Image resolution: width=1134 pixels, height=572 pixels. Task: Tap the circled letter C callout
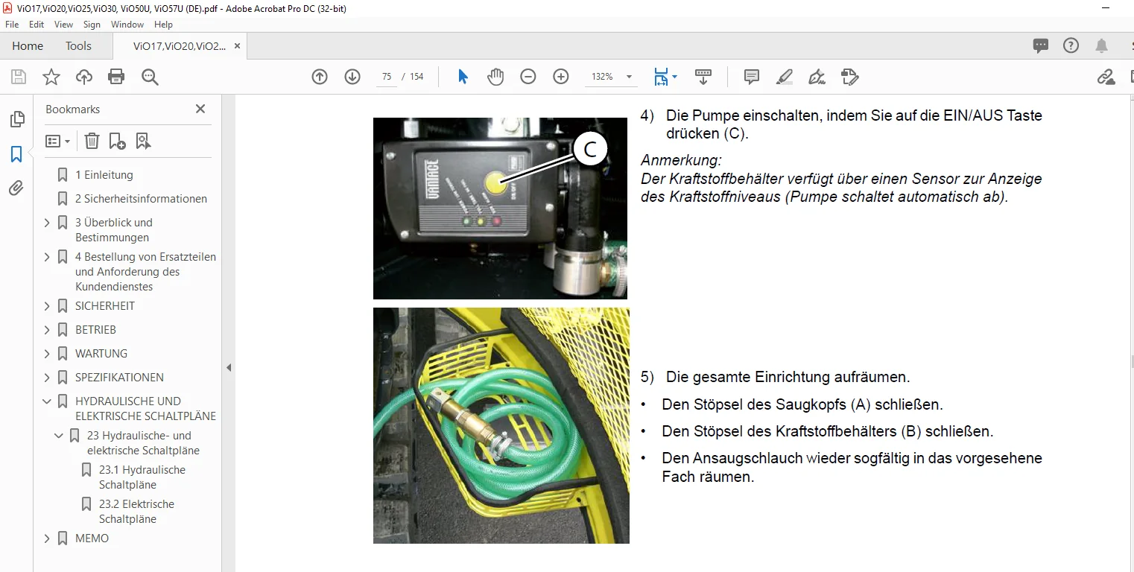[x=590, y=149]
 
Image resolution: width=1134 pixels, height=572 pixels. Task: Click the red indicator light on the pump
[x=497, y=220]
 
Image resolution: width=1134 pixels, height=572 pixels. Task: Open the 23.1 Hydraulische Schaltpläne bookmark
[x=142, y=477]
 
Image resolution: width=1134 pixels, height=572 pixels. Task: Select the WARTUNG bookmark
[x=101, y=353]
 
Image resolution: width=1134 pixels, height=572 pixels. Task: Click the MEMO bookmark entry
[x=92, y=538]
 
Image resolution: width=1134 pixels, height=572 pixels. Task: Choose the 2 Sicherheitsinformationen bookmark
[x=142, y=198]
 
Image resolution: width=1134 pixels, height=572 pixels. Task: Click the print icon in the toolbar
[x=116, y=77]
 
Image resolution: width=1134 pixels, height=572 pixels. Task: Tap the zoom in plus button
[x=560, y=77]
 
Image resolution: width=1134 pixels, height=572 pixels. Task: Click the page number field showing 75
[x=387, y=77]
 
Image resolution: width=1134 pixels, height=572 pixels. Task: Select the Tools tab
[x=78, y=45]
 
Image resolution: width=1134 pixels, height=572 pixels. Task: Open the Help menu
[x=163, y=25]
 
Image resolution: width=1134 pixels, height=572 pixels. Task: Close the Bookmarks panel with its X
[x=200, y=109]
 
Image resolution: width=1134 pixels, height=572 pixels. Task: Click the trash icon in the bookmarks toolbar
[x=92, y=141]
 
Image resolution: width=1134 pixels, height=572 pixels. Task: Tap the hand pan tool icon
[x=495, y=77]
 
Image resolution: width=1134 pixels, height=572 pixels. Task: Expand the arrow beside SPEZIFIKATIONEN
[x=47, y=377]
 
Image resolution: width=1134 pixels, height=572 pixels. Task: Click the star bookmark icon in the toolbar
[x=51, y=77]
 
